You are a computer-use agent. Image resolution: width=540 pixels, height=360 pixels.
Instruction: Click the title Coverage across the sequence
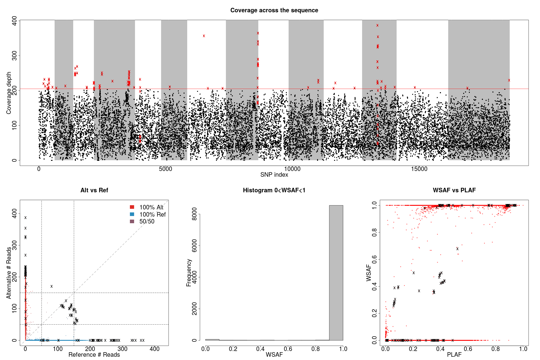click(x=274, y=10)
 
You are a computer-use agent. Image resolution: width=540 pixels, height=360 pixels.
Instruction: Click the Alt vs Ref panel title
click(x=94, y=190)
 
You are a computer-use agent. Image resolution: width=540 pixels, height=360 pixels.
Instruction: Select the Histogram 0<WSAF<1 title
click(x=274, y=190)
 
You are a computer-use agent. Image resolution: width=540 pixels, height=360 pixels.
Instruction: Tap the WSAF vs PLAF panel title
click(x=454, y=190)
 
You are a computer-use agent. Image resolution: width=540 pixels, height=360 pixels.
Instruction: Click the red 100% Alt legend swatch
click(x=132, y=207)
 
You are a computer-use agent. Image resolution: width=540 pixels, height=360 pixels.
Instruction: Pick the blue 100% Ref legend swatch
click(x=132, y=214)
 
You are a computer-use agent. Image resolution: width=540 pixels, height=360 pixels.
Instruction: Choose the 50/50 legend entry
click(x=147, y=221)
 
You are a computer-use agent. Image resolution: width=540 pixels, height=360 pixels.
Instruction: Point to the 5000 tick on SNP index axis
click(x=165, y=169)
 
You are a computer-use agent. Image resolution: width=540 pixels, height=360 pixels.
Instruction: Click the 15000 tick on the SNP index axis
click(x=419, y=169)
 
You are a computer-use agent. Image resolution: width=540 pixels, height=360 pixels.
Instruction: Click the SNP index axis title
click(x=274, y=175)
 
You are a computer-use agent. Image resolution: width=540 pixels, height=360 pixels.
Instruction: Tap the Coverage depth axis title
click(x=9, y=93)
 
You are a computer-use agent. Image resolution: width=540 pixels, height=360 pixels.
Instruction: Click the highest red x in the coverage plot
click(x=377, y=25)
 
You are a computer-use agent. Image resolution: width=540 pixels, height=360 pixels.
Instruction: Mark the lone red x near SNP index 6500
click(x=204, y=36)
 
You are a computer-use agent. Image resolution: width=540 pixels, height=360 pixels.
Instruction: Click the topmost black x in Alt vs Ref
click(x=25, y=218)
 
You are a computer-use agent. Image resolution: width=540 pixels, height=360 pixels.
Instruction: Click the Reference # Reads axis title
click(x=94, y=355)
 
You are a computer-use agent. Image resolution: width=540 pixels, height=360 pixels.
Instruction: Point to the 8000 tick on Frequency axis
click(x=194, y=214)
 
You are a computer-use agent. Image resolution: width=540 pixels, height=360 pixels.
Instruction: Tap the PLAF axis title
click(x=454, y=355)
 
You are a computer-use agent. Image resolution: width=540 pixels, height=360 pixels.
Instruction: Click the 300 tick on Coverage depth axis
click(x=14, y=55)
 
